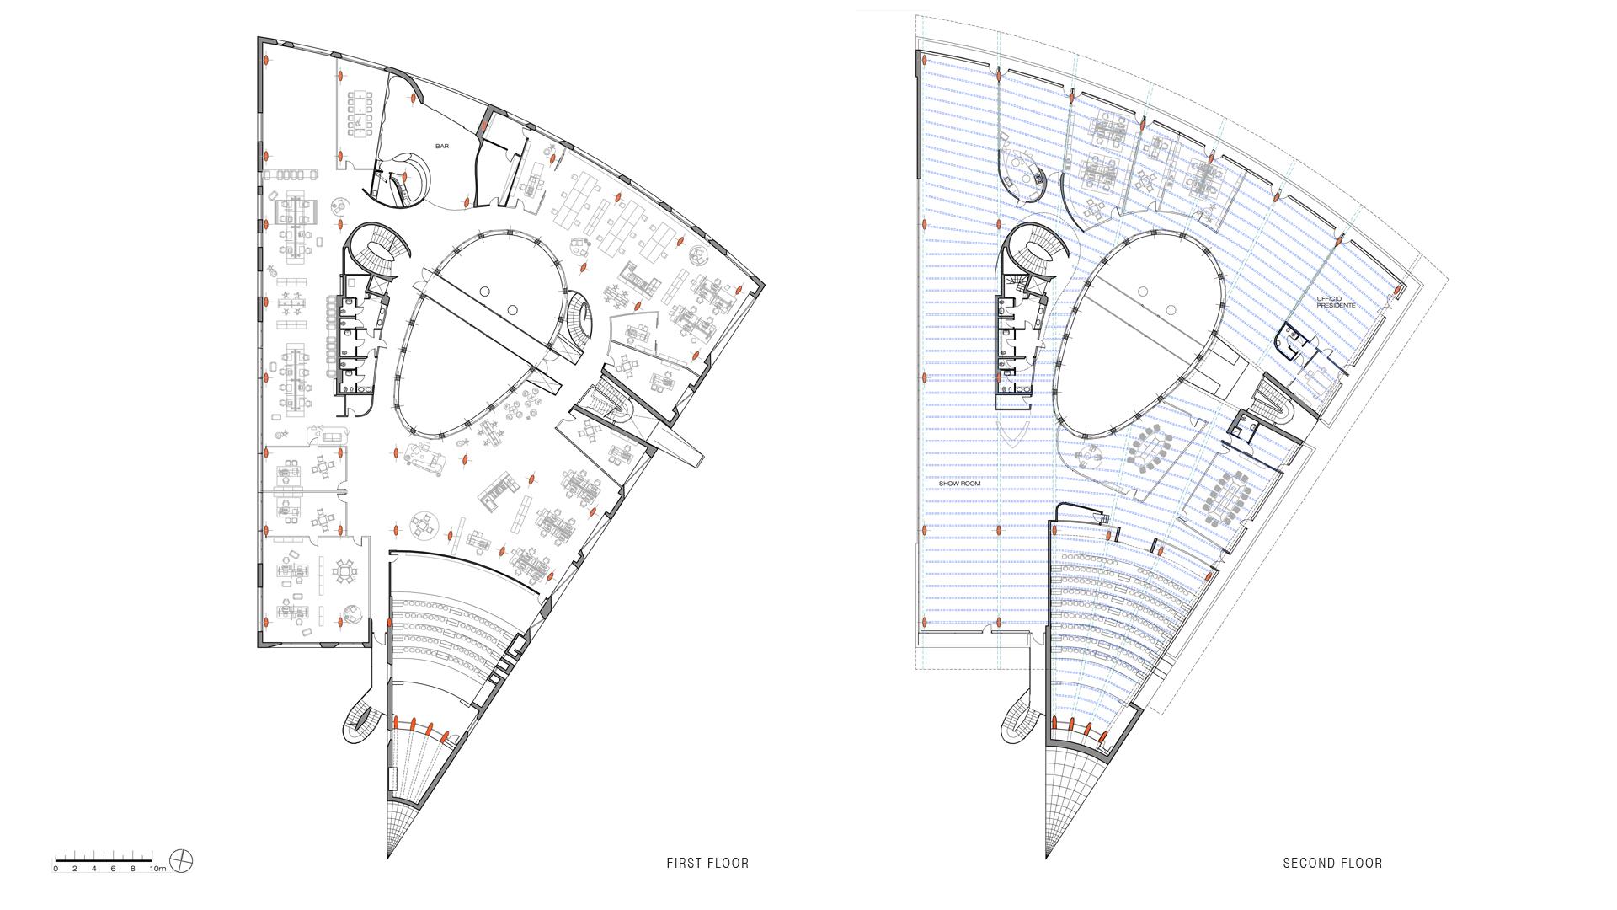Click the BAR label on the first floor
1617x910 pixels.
click(x=441, y=146)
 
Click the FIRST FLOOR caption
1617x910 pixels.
click(x=707, y=863)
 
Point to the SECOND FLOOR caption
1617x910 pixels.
click(x=1332, y=863)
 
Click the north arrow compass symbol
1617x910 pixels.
click(x=180, y=860)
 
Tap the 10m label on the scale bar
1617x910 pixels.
click(x=157, y=868)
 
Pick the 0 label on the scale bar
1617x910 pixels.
click(x=56, y=868)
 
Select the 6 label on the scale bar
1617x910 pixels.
click(x=114, y=868)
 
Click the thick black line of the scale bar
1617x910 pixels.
click(x=104, y=859)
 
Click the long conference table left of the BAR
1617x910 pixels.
click(x=360, y=112)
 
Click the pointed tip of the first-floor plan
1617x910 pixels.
click(x=387, y=858)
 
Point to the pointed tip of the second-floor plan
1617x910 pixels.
click(x=1047, y=858)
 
